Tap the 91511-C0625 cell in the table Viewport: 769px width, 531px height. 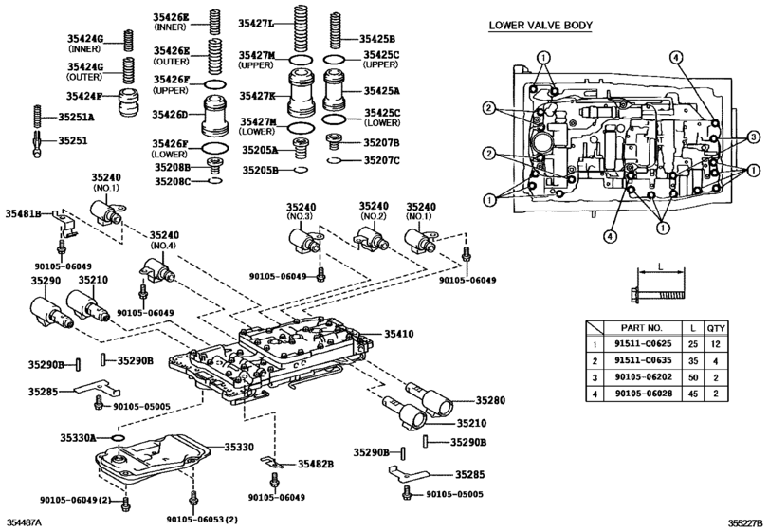pyautogui.click(x=640, y=347)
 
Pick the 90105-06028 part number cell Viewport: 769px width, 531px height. pyautogui.click(x=640, y=391)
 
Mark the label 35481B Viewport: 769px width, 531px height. pyautogui.click(x=23, y=214)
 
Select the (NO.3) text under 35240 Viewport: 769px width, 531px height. pyautogui.click(x=300, y=217)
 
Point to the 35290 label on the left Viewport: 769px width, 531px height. pyautogui.click(x=45, y=281)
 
